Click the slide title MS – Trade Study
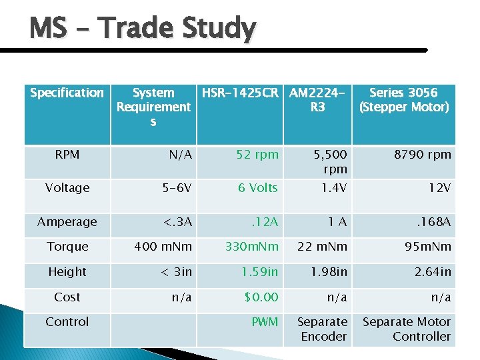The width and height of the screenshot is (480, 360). [x=142, y=29]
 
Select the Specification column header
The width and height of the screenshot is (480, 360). [x=67, y=93]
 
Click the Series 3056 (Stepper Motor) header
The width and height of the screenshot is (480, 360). [x=403, y=100]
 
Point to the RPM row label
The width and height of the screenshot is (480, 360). [x=67, y=155]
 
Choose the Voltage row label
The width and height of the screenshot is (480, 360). [x=67, y=188]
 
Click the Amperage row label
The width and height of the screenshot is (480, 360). [x=67, y=222]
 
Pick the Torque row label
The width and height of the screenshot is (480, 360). [x=67, y=247]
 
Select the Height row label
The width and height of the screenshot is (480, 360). [x=67, y=272]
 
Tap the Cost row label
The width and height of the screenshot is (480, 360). [x=67, y=297]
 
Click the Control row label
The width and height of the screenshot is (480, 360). [x=67, y=322]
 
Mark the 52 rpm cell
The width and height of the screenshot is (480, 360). [x=257, y=155]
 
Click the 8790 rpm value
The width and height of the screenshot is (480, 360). [x=422, y=155]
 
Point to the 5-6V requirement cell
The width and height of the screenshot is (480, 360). [x=174, y=188]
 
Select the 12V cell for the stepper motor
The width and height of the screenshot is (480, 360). [x=440, y=188]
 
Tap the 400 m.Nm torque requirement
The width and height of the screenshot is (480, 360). [x=163, y=247]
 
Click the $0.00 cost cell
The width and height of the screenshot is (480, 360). [x=261, y=297]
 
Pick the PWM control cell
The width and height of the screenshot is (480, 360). [x=265, y=322]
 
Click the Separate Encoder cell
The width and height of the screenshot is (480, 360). [x=322, y=329]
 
